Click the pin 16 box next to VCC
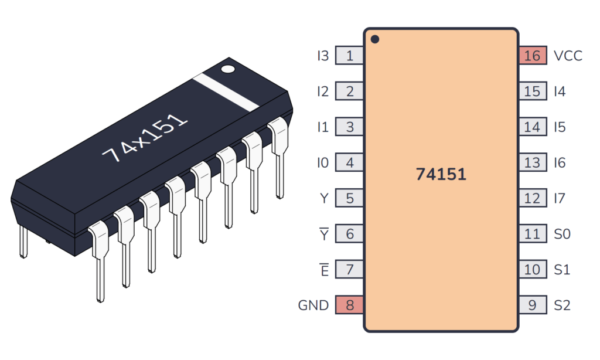(532, 56)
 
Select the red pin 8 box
(350, 305)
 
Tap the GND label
(313, 305)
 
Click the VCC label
(568, 56)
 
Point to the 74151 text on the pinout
(441, 174)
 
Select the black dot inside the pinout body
(375, 40)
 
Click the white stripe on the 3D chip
(226, 91)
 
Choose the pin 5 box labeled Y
(350, 198)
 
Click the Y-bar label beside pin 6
(323, 234)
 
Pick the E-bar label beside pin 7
(323, 270)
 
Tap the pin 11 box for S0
(532, 234)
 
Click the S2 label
(562, 305)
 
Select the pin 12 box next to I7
(532, 198)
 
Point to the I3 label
(322, 56)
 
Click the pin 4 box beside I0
(350, 162)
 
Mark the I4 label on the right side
(560, 91)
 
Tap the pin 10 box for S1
(532, 270)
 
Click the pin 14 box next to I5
(532, 127)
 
